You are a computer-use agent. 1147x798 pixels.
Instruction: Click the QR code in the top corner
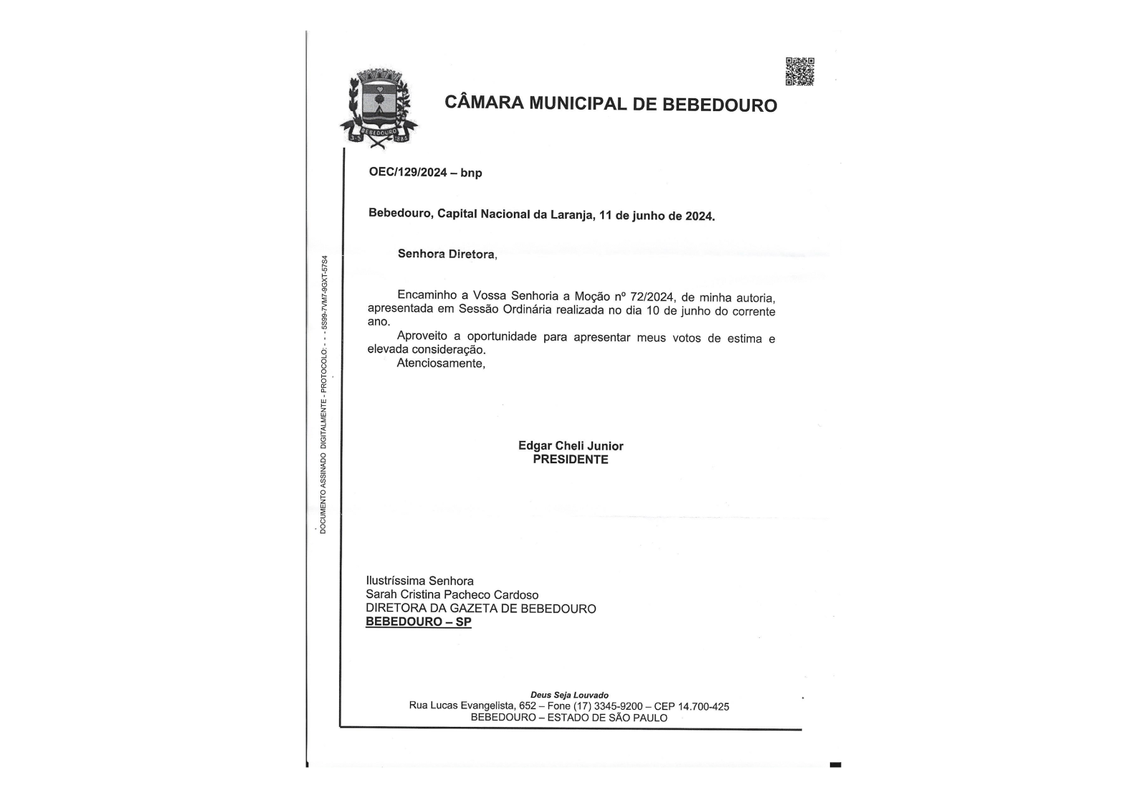point(799,72)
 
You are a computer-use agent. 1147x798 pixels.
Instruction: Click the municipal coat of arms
point(378,108)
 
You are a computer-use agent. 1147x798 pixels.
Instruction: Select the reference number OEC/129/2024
point(408,172)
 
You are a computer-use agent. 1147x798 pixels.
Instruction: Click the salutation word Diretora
point(471,255)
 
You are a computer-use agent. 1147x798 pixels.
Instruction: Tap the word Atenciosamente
point(440,364)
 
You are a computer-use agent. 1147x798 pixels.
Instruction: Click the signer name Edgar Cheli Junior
point(571,446)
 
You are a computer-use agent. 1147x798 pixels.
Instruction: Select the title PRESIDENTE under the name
point(571,460)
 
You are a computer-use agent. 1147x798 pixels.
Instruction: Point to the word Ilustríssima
point(396,581)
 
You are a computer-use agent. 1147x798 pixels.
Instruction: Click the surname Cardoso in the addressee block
point(516,594)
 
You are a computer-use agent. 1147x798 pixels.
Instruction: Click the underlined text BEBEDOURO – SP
point(419,622)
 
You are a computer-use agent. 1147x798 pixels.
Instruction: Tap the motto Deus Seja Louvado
point(569,695)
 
